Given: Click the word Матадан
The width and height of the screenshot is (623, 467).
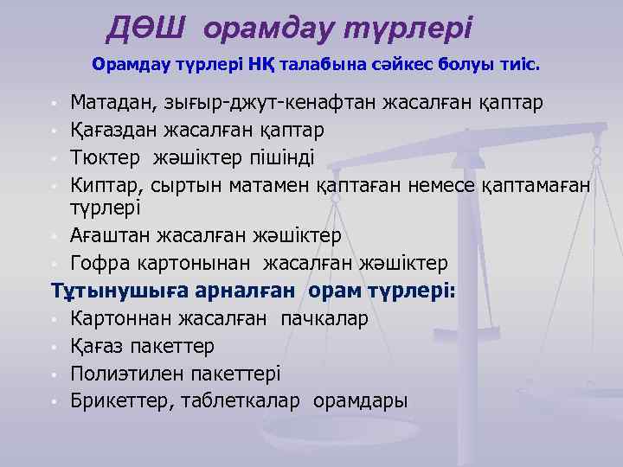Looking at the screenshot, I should [110, 104].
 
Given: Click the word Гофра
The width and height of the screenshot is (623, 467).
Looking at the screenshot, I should [100, 262].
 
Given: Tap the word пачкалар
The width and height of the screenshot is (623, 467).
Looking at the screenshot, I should [324, 319].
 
